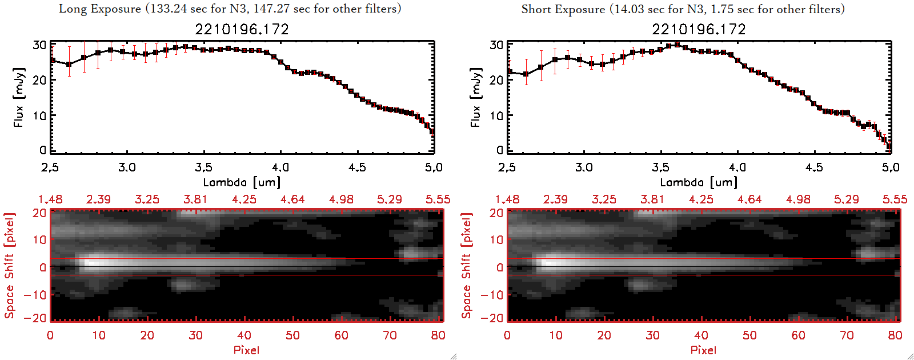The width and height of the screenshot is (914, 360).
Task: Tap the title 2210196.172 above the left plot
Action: click(242, 29)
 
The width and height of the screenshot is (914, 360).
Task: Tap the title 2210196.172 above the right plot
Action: click(699, 29)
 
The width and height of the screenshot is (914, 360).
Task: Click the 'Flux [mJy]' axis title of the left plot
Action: click(19, 97)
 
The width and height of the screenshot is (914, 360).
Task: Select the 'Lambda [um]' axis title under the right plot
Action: click(699, 182)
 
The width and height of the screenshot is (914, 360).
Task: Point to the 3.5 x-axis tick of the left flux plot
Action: click(203, 167)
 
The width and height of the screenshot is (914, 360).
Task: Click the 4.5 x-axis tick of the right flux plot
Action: click(814, 167)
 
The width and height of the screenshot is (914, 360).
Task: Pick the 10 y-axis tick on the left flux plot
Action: click(39, 115)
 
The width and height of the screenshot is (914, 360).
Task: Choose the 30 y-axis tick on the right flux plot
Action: click(496, 45)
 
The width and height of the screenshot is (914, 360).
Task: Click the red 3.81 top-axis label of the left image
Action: click(195, 199)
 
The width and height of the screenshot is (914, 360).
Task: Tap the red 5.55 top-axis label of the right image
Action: click(895, 199)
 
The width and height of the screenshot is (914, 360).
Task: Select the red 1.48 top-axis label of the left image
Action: click(50, 199)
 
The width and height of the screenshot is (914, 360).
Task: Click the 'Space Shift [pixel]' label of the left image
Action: click(10, 266)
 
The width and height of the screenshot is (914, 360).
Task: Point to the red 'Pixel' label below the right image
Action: click(703, 350)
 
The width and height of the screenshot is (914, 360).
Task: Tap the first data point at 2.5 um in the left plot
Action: click(53, 60)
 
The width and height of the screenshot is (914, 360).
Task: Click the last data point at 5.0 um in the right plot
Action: click(889, 146)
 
